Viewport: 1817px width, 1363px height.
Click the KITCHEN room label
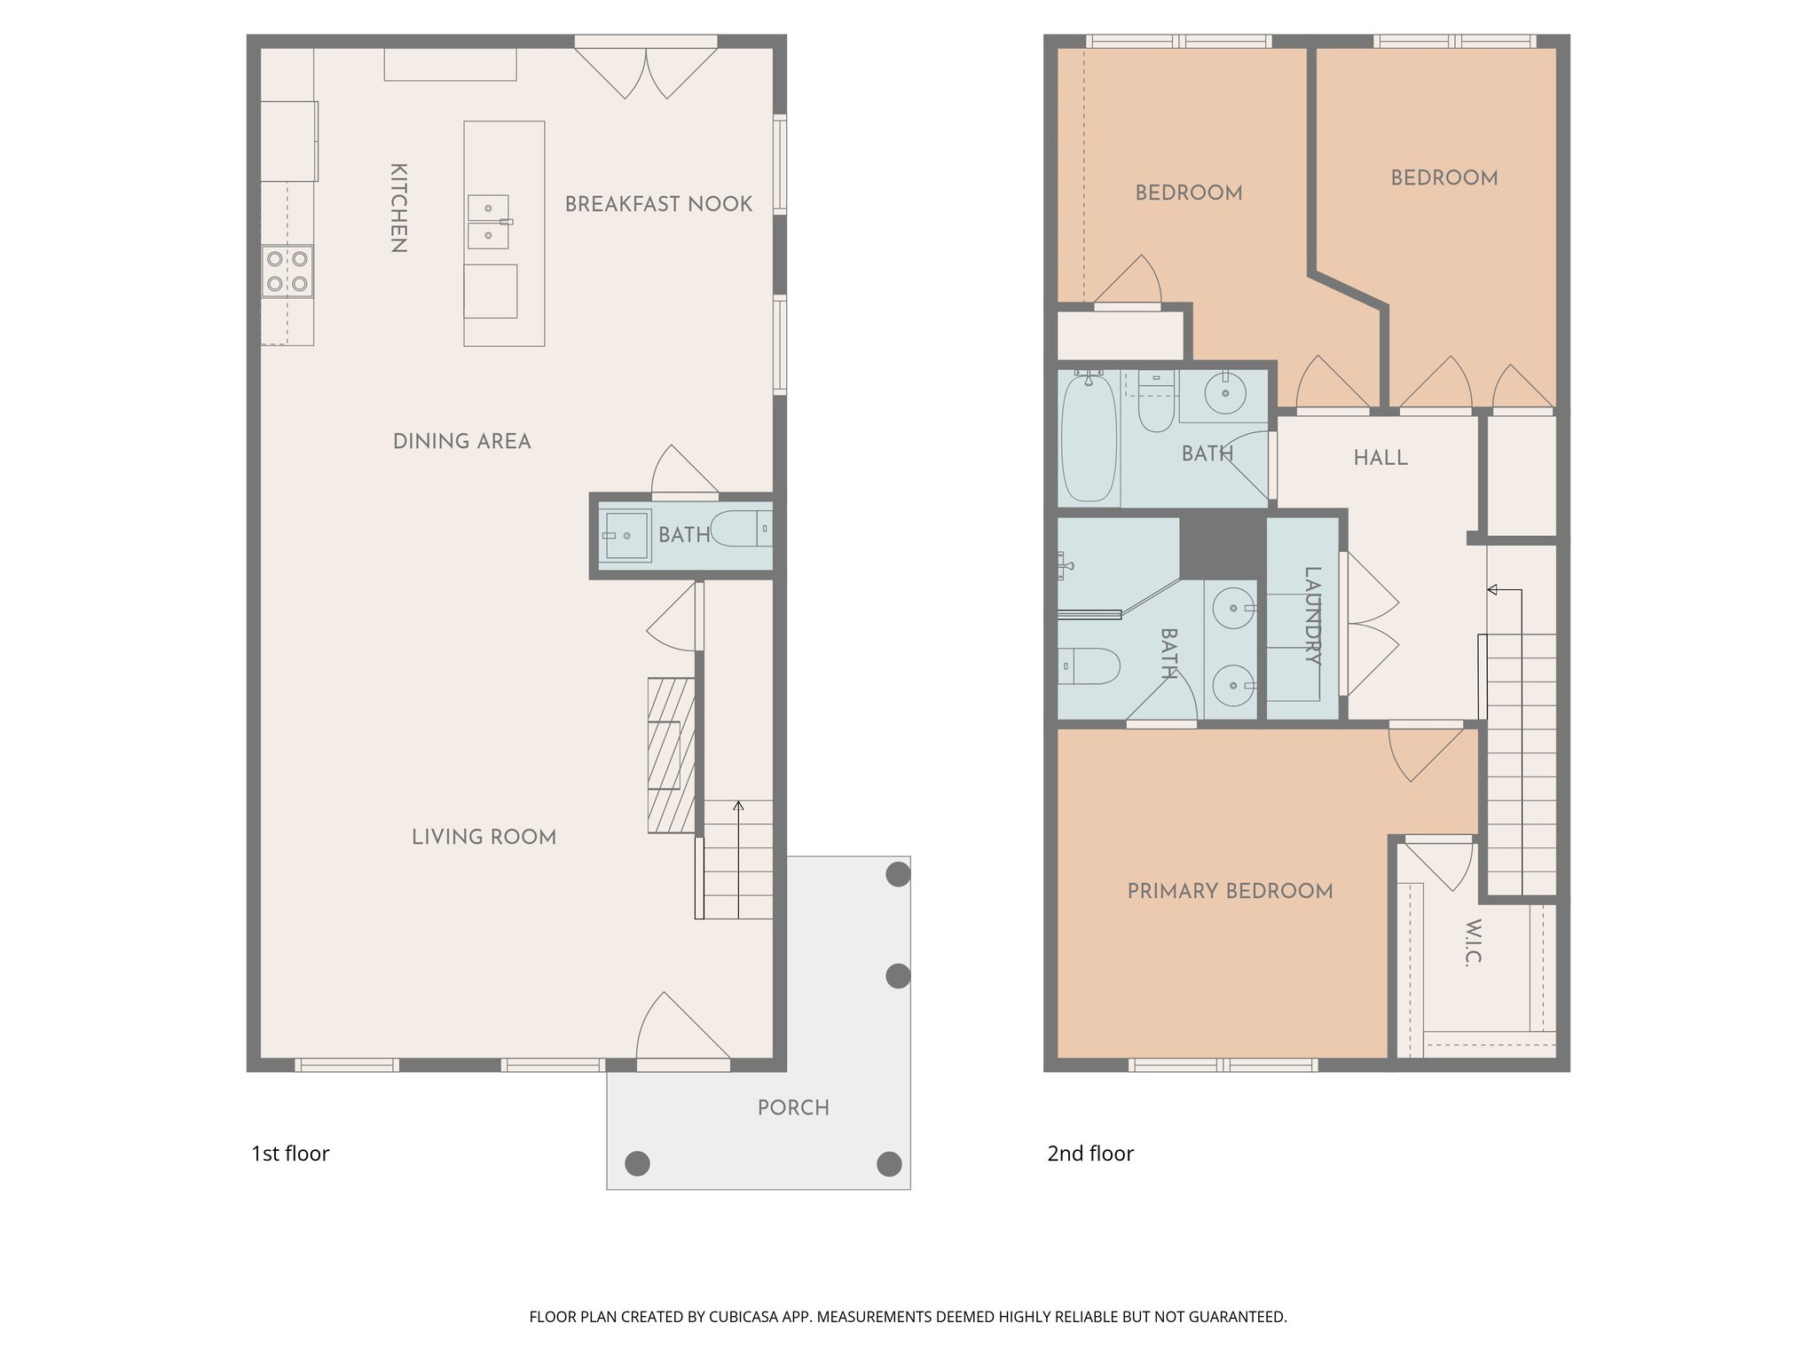pos(399,208)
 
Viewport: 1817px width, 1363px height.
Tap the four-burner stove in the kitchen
pos(287,272)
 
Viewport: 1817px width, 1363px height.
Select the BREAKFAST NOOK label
pos(658,204)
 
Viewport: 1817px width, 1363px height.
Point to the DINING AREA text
pos(461,441)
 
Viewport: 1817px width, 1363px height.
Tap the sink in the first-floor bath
pos(625,535)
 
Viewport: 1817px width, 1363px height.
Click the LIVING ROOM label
pos(484,837)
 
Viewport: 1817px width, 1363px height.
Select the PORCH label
pos(793,1107)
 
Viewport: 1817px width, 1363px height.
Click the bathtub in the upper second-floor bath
pos(1089,437)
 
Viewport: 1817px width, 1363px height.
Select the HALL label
pos(1380,458)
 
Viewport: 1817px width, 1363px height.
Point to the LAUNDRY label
pos(1313,615)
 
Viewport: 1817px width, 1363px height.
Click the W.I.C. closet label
pos(1473,942)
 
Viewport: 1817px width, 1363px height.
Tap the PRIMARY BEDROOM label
pos(1230,891)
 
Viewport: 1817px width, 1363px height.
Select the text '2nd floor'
pos(1089,1154)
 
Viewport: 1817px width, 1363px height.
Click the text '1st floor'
pos(290,1154)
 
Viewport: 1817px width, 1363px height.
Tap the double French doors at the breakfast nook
pos(646,71)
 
